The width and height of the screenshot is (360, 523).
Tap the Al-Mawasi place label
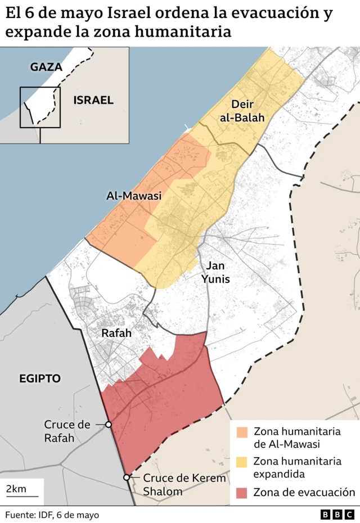tap(134, 196)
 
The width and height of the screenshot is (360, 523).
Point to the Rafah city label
tap(116, 333)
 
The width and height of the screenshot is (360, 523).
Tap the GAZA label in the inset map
tap(46, 67)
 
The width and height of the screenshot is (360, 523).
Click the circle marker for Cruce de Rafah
tap(108, 425)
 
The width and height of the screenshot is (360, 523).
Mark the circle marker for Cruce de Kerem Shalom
tap(127, 477)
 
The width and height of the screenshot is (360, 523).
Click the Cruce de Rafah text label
tap(67, 431)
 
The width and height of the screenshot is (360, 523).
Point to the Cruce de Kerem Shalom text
tap(184, 485)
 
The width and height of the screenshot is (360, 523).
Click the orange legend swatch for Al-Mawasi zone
tap(242, 432)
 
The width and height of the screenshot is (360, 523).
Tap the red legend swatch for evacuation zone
tap(242, 493)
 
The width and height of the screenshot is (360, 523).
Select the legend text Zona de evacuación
tap(304, 493)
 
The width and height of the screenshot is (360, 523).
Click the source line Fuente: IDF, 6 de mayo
tap(52, 515)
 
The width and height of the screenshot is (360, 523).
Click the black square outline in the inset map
tap(40, 107)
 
